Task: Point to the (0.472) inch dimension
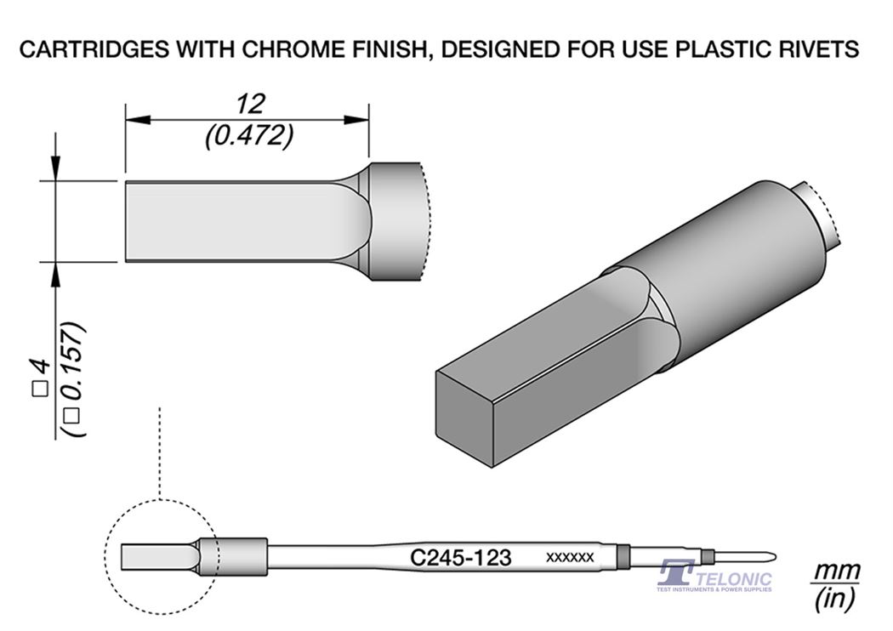250,135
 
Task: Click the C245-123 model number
460,558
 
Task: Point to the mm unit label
836,570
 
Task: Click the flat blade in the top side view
230,221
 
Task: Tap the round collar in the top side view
395,221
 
